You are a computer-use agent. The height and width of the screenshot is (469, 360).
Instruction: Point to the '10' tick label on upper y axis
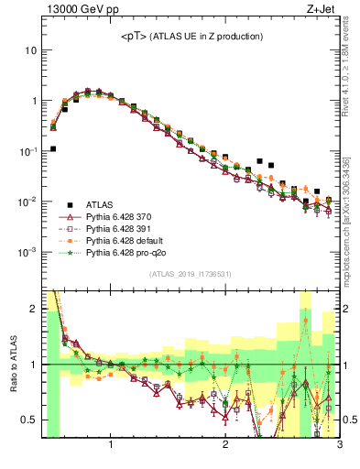[30, 50]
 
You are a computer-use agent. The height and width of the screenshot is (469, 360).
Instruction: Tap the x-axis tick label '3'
[339, 446]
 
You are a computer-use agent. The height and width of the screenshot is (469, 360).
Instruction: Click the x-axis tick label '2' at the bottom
[225, 446]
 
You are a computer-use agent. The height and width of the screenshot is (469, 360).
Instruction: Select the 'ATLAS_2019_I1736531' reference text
[191, 275]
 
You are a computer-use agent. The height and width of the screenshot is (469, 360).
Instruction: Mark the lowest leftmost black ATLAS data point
[53, 148]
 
